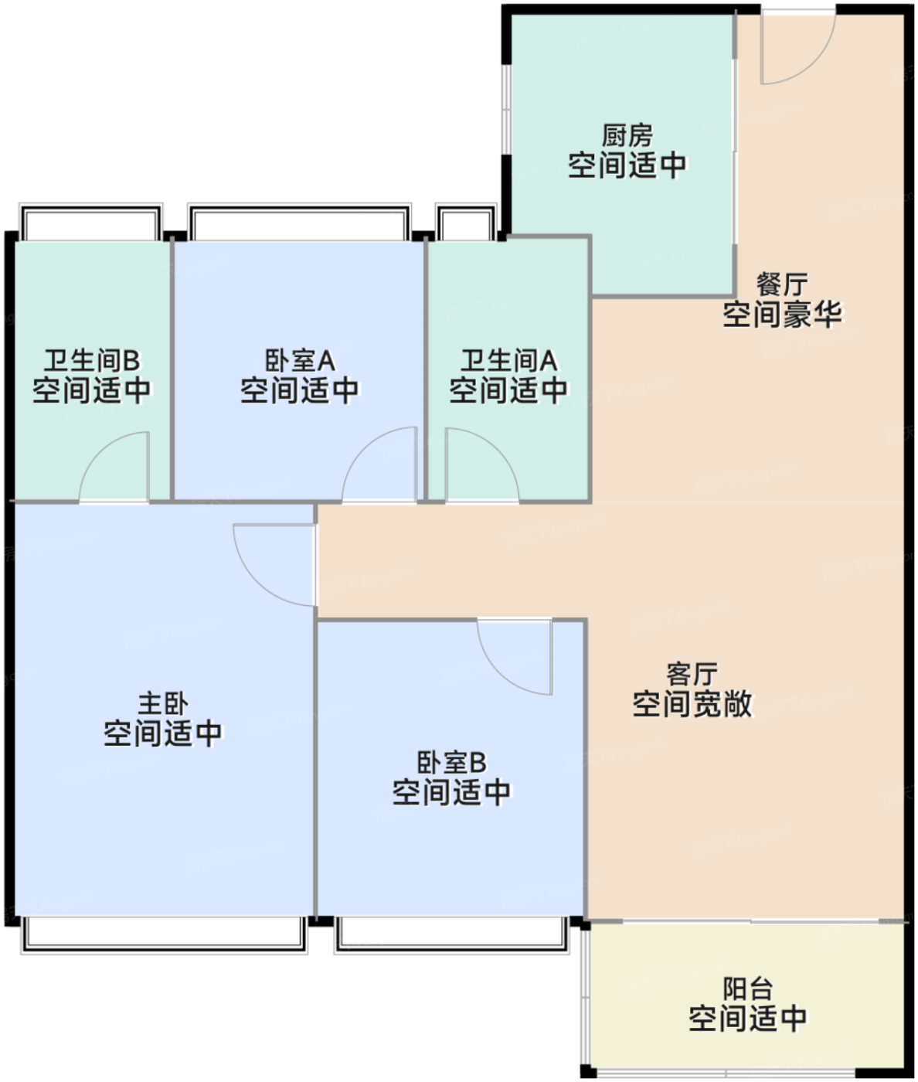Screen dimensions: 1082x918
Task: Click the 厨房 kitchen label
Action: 627,136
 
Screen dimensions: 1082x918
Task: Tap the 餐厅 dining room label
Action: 781,284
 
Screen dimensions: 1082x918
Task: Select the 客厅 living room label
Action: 692,675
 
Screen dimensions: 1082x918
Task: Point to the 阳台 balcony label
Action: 747,989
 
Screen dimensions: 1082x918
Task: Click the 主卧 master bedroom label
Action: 162,704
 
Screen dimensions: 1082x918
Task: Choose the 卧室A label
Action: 299,361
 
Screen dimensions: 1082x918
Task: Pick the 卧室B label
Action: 451,763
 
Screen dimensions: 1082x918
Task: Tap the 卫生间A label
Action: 508,361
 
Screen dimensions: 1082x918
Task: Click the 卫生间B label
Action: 91,361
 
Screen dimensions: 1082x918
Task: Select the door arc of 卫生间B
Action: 116,468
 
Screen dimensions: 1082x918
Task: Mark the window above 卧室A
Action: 299,223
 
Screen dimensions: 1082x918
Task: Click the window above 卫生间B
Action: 90,223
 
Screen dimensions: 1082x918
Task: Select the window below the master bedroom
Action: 163,934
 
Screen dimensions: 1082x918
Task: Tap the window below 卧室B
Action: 451,934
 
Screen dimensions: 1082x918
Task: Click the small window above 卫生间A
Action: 466,223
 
